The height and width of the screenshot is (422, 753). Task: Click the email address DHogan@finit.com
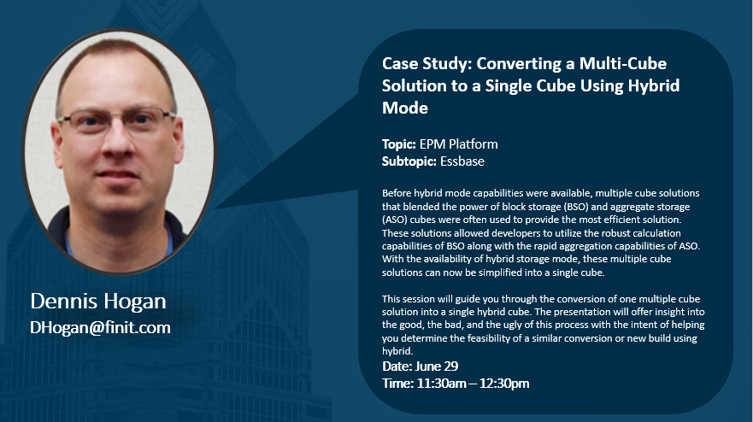point(100,327)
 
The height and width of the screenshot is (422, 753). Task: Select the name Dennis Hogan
point(98,301)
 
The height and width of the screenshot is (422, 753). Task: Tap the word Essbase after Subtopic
point(462,161)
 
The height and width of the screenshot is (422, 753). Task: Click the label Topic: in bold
point(398,144)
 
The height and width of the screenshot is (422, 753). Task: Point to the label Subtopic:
point(409,161)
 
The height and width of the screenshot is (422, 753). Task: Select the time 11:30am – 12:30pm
point(473,384)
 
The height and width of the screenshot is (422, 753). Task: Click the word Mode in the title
point(405,108)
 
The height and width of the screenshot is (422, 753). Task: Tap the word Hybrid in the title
point(654,86)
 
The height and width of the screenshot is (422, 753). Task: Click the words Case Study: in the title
point(427,64)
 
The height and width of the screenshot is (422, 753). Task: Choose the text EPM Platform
point(459,144)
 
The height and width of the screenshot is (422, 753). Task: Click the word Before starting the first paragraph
point(397,193)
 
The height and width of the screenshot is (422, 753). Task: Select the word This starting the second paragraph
point(391,299)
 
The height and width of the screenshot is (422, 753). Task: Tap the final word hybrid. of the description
point(397,351)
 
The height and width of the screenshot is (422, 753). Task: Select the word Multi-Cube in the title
point(623,64)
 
